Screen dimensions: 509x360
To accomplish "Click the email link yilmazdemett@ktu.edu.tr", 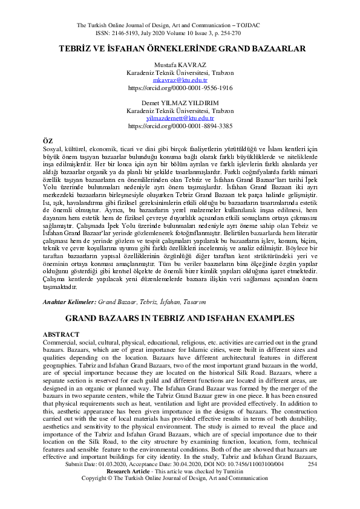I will (180, 118).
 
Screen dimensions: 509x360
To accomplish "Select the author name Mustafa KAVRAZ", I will (180, 64).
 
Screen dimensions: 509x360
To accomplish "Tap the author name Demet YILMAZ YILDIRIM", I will (180, 103).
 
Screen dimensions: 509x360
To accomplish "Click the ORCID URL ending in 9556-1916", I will (180, 88).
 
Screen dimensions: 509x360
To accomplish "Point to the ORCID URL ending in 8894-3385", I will (180, 126).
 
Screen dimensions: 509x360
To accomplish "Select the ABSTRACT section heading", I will (62, 334).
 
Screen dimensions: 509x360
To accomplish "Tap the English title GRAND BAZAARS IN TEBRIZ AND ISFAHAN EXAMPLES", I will (180, 317).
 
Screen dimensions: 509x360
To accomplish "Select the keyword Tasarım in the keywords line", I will (212, 300).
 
